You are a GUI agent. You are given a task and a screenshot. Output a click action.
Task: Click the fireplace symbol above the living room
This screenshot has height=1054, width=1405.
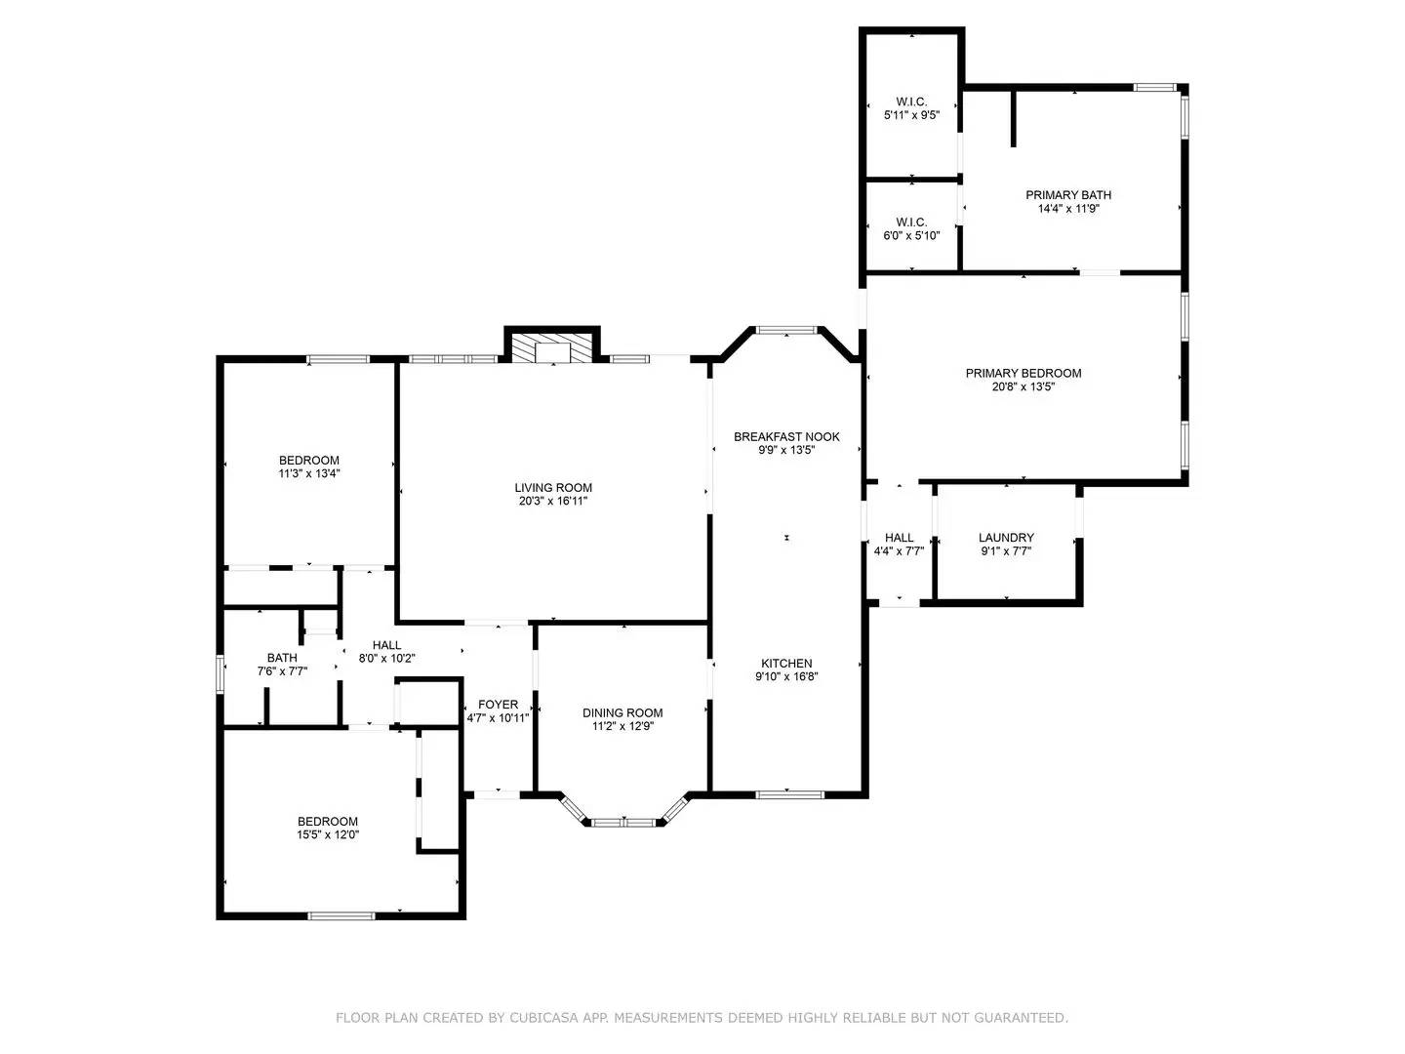(552, 351)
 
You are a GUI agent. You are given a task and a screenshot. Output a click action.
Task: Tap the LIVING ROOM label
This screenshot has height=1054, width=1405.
(553, 488)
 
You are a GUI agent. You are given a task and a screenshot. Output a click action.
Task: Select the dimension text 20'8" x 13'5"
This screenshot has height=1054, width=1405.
(1024, 386)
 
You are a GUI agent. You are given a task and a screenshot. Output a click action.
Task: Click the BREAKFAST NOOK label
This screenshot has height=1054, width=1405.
(786, 437)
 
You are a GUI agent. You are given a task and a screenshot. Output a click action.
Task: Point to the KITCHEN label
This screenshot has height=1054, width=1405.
(786, 664)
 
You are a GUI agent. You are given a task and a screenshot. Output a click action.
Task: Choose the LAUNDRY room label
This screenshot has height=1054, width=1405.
(1006, 538)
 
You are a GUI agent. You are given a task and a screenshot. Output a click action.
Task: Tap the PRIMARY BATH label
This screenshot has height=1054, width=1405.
(1067, 195)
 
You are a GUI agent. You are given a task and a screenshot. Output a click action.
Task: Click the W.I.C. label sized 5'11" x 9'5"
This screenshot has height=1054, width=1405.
(911, 102)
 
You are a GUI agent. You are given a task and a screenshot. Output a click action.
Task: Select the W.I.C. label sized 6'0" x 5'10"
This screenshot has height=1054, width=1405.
(911, 223)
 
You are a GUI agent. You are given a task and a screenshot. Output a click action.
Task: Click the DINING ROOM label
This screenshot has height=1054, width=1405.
(622, 713)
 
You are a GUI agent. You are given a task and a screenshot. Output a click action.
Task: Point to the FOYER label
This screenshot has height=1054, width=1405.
(498, 705)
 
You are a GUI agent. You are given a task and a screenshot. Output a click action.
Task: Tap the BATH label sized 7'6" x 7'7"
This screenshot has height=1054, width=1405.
(282, 658)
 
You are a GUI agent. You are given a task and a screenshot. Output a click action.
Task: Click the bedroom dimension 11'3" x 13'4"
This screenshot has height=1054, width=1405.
(308, 473)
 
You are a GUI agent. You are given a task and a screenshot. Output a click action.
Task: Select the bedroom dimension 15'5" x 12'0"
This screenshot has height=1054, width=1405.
(328, 834)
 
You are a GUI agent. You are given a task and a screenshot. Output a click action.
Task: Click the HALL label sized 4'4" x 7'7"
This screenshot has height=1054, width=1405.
(899, 538)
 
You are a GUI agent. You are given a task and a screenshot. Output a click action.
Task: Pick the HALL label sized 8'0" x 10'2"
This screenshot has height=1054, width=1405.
(386, 645)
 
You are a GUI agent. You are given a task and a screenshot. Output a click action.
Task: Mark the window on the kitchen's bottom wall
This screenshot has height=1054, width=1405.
(790, 793)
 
